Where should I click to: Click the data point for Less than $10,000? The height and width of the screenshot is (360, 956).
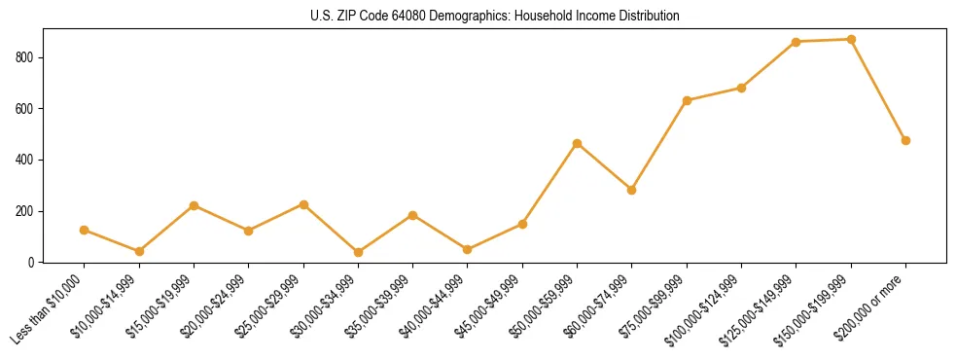pyautogui.click(x=85, y=230)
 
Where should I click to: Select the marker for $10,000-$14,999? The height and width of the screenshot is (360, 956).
pyautogui.click(x=139, y=251)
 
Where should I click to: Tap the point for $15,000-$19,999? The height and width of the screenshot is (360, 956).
pyautogui.click(x=194, y=205)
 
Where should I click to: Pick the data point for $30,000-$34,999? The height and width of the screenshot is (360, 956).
pyautogui.click(x=358, y=252)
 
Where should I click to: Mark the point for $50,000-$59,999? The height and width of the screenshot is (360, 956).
pyautogui.click(x=577, y=143)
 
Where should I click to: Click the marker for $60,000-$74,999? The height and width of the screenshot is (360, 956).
pyautogui.click(x=632, y=190)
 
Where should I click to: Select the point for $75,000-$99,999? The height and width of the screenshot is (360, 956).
pyautogui.click(x=687, y=100)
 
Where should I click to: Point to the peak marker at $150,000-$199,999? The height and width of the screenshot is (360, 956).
pyautogui.click(x=851, y=39)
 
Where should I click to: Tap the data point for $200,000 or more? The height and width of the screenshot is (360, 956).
pyautogui.click(x=905, y=140)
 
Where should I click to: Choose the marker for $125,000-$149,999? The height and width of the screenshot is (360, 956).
pyautogui.click(x=797, y=42)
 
